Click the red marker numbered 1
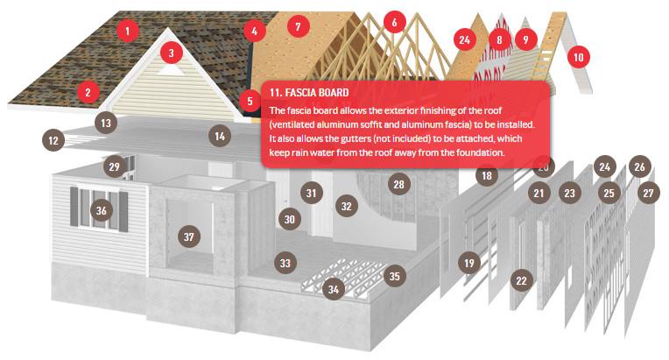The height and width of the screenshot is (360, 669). (x=128, y=32)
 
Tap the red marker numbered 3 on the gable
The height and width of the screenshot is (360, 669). (x=172, y=53)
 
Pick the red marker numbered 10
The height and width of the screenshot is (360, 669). (x=577, y=58)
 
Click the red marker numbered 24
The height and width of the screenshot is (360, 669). (x=464, y=39)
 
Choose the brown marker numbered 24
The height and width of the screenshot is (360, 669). (x=603, y=166)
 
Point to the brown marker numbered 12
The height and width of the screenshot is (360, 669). (x=53, y=139)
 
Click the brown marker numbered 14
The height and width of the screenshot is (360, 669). (x=220, y=136)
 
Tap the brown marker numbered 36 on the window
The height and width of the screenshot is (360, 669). (x=102, y=210)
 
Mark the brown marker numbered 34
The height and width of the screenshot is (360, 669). (x=333, y=289)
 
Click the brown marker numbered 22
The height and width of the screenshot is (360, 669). (x=521, y=280)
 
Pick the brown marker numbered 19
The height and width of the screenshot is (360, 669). (x=469, y=262)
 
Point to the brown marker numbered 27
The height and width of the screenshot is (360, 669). (x=648, y=193)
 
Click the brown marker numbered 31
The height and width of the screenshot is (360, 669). (x=311, y=192)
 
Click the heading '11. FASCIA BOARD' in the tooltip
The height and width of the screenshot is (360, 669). (x=310, y=92)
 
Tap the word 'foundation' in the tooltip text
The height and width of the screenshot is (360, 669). (x=475, y=153)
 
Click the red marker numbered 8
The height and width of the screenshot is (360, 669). (x=499, y=39)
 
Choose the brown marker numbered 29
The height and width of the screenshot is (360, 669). (x=114, y=166)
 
